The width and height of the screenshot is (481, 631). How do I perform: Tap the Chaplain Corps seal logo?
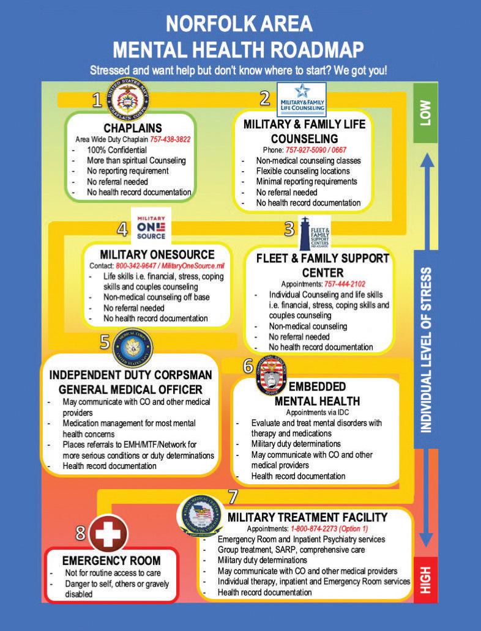[129, 98]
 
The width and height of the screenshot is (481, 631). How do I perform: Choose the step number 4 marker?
[122, 229]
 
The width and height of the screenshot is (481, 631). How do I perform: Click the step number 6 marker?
[248, 366]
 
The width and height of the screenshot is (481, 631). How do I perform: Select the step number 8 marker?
[81, 533]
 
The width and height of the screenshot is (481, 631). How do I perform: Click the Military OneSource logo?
[150, 227]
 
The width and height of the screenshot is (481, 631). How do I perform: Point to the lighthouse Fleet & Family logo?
[315, 234]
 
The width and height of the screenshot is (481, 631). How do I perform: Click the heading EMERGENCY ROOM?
[111, 560]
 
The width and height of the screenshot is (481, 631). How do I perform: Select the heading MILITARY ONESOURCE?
[157, 254]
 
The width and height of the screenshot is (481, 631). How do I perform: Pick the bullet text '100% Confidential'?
[116, 150]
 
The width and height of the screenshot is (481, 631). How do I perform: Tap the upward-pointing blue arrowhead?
[426, 160]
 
